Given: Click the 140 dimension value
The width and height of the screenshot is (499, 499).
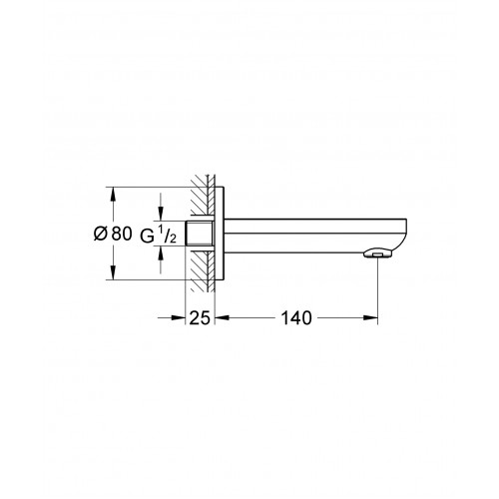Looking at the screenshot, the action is (x=296, y=318).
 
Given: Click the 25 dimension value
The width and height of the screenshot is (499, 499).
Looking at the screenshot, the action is (x=200, y=318).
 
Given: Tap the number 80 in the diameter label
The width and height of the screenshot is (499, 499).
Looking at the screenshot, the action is (x=122, y=234).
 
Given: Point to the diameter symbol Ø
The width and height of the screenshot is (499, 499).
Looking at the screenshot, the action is (x=101, y=234).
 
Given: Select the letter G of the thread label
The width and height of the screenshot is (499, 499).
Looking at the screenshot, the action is (x=147, y=237).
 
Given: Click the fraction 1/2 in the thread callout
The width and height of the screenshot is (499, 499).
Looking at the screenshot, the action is (x=169, y=234).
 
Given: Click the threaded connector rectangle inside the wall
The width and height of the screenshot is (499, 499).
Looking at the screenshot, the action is (x=199, y=234).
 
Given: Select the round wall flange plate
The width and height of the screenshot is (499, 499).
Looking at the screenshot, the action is (x=220, y=234).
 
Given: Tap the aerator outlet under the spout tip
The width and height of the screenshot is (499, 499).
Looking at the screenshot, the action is (x=378, y=253).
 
